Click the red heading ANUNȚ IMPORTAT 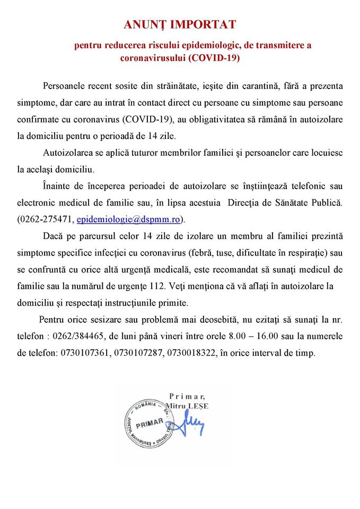(180, 24)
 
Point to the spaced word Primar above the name (187, 396)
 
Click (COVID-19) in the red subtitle (214, 58)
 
